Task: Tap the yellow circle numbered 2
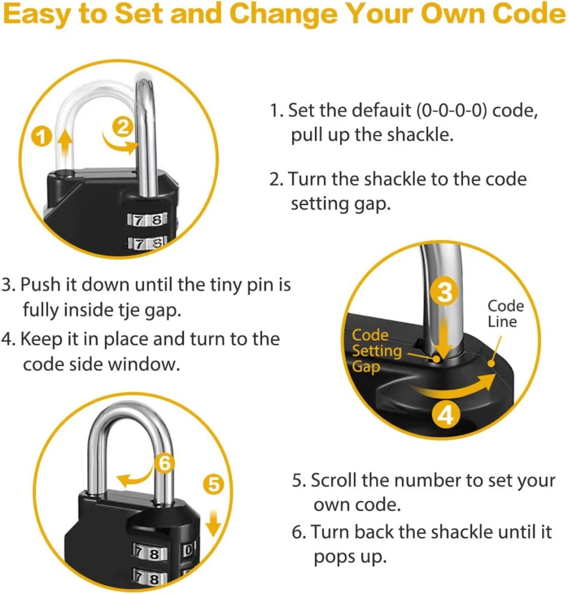(x=122, y=127)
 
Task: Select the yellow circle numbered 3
(x=445, y=292)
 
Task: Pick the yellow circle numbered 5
(x=214, y=484)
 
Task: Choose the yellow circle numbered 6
(x=166, y=463)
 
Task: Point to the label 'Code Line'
(x=504, y=314)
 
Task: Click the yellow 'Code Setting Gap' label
(x=375, y=350)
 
